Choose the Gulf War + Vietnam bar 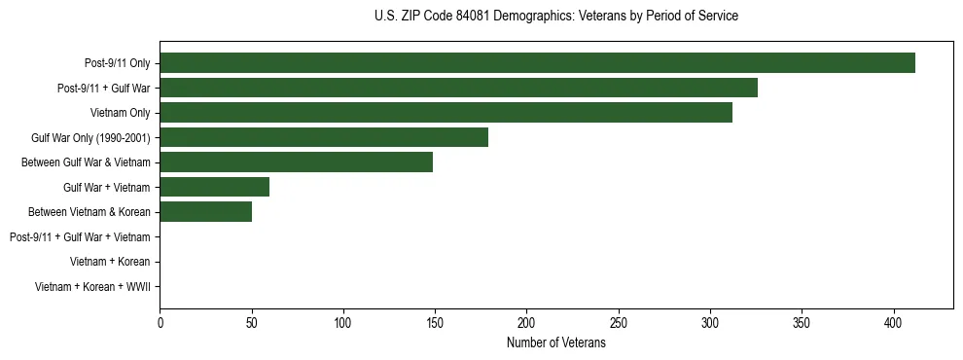point(214,187)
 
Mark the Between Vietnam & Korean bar point(205,212)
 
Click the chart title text point(555,17)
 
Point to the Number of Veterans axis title point(555,343)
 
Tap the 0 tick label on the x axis point(160,322)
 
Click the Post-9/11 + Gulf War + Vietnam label point(80,237)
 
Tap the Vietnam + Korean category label point(110,262)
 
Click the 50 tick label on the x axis point(251,322)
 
